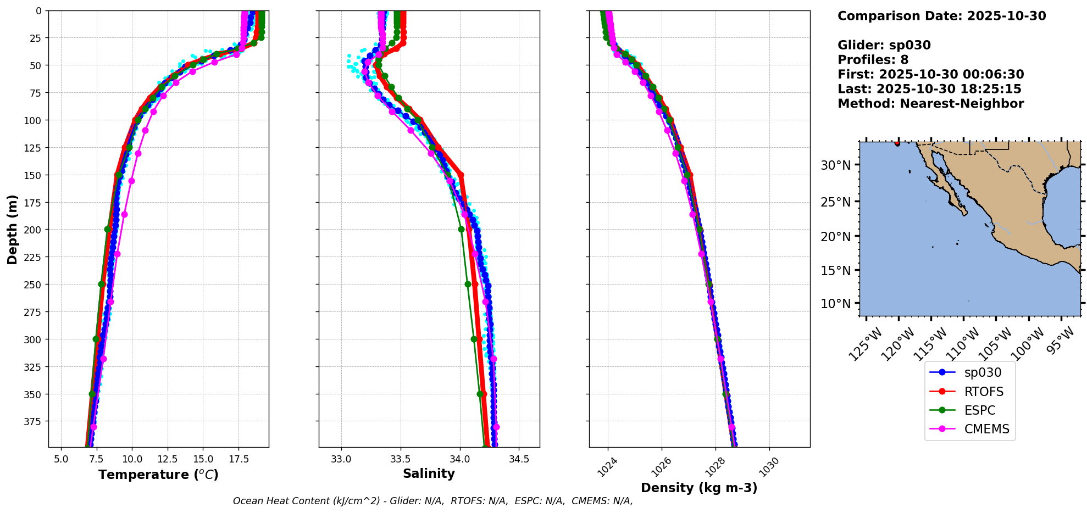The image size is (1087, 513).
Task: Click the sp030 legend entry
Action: pos(982,372)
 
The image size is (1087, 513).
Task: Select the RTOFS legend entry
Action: pos(983,392)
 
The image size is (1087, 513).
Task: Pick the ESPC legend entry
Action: pos(979,410)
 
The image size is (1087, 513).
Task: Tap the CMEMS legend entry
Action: pos(986,429)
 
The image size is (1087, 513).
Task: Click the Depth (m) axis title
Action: pos(12,229)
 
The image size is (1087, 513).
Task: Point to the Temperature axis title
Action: pos(158,475)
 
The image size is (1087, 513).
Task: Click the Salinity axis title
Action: pos(429,473)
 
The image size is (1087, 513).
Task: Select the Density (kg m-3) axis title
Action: pos(699,488)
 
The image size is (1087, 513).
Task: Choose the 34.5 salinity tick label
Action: pos(519,459)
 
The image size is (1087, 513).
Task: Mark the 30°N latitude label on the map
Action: pos(835,165)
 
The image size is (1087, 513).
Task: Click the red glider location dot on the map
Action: pos(897,143)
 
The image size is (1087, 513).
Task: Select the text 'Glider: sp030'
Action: pos(884,45)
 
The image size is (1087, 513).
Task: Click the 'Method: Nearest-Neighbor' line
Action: pos(930,104)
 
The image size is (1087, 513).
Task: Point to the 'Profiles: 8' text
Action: pos(873,60)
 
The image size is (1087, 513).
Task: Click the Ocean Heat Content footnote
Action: pos(432,501)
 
